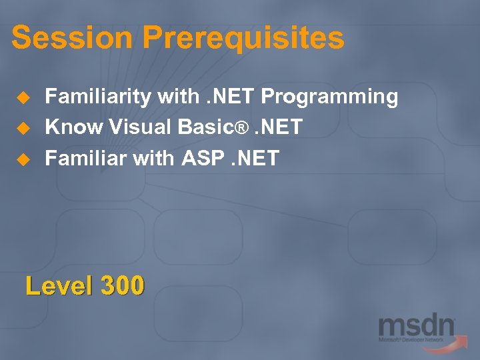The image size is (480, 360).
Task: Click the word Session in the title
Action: point(53,38)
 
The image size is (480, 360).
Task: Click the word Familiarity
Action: point(97,97)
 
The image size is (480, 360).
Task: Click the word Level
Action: point(59,286)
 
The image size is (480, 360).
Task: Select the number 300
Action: point(122,286)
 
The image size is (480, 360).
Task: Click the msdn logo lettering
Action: point(416,327)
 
